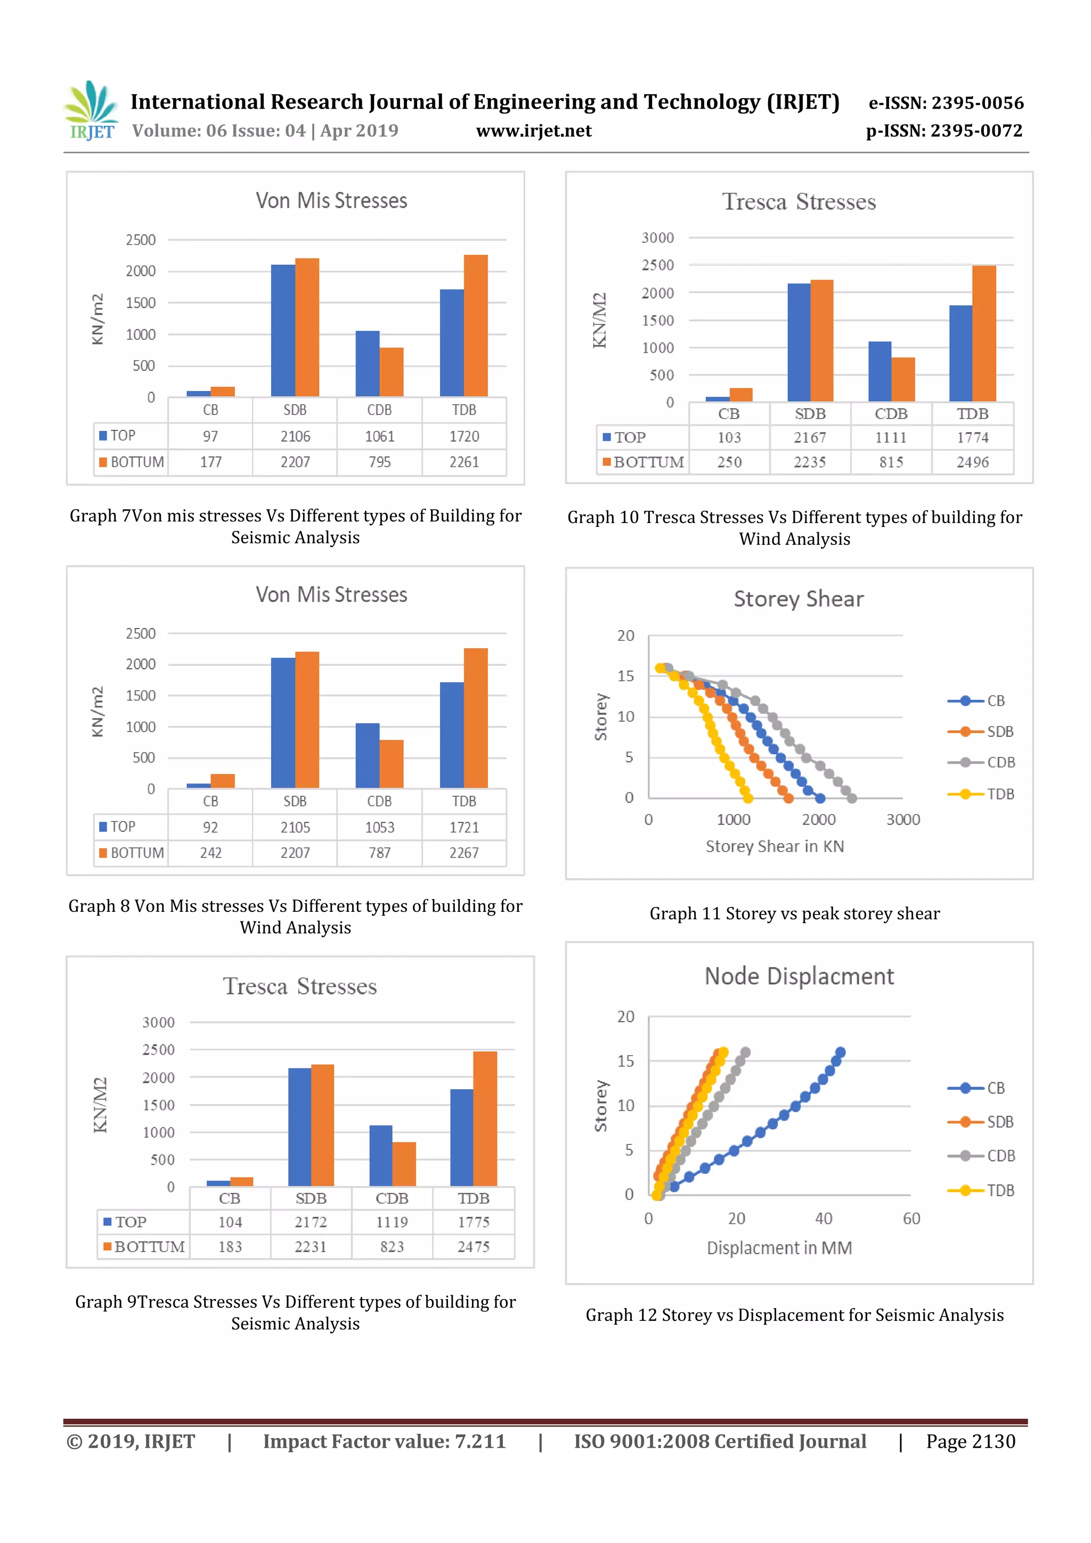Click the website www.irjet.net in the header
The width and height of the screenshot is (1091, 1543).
point(534,131)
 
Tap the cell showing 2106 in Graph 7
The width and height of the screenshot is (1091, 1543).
point(295,437)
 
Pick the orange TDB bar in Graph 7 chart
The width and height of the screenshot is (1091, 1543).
point(476,325)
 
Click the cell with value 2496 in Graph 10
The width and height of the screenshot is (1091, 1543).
point(973,462)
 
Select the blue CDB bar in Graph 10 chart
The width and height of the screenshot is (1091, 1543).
point(880,372)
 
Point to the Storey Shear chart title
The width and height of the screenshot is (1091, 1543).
point(798,599)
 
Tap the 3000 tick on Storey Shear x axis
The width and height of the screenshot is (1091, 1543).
point(903,820)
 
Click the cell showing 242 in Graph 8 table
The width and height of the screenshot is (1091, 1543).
point(210,853)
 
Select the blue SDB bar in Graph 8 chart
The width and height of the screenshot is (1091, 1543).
point(283,723)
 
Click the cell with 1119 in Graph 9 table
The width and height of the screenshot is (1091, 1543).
point(392,1222)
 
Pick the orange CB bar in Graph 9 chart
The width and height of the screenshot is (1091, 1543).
point(242,1181)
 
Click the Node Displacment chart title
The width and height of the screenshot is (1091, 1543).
point(799,976)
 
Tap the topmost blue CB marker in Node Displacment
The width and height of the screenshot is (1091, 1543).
point(840,1052)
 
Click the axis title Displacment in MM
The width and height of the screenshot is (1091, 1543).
point(779,1248)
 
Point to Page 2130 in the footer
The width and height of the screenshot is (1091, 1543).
point(970,1441)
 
